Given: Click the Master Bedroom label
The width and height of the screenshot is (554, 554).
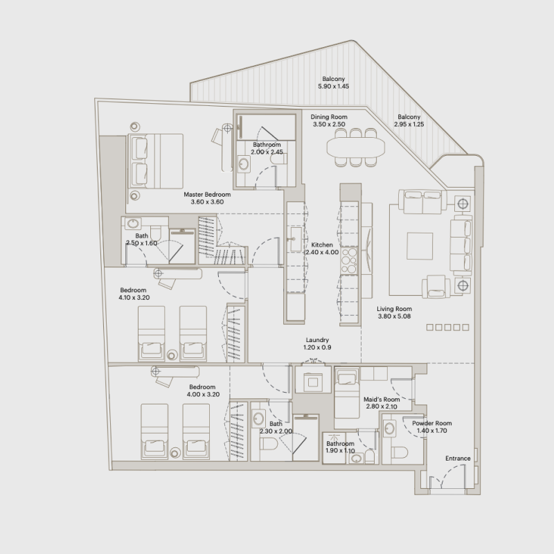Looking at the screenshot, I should click(x=207, y=195).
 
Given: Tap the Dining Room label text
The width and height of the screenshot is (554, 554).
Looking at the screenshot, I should click(x=329, y=117).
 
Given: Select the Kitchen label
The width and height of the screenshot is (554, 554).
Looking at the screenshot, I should click(x=322, y=245).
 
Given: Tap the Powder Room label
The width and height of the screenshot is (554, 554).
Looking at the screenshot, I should click(x=431, y=423).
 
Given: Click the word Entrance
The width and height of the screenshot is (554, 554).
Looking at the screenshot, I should click(x=458, y=458).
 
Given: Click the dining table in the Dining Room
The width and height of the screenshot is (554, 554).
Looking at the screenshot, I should click(x=355, y=147).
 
